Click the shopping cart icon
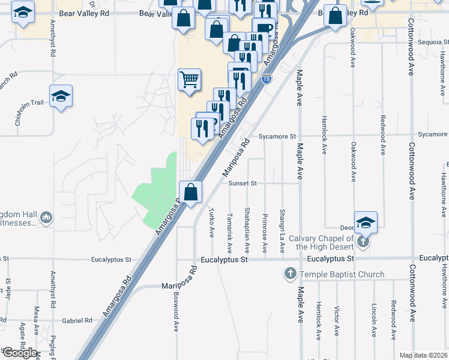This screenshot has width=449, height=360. point(189,79)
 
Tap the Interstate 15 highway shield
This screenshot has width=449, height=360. point(266,78)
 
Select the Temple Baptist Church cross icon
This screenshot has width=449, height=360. point(290,274)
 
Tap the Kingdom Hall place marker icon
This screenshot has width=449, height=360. point(47,217)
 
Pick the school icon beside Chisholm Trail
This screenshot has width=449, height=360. point(61,97)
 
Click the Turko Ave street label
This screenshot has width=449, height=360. point(211,223)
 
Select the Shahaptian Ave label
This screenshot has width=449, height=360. point(247,230)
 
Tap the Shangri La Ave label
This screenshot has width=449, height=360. point(282,231)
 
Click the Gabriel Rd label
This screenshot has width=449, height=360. point(80,320)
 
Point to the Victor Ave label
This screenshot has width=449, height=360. point(337,320)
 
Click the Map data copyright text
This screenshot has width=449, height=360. point(423,355)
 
